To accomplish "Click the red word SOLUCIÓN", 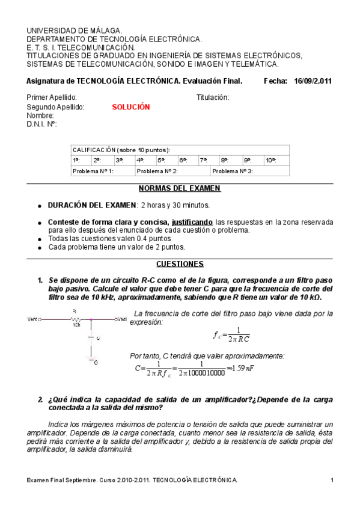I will click(130, 107).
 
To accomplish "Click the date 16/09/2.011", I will click(318, 81).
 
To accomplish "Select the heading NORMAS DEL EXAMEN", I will click(180, 188).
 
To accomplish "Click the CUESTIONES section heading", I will click(180, 263).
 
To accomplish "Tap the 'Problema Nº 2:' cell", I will click(157, 171).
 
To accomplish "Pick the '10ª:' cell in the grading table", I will click(271, 161).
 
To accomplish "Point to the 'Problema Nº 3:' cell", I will click(233, 171).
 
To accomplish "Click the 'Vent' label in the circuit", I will click(33, 319).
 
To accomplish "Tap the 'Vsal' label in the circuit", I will click(122, 319).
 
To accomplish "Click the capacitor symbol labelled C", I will click(91, 338).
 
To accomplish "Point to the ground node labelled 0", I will click(92, 361).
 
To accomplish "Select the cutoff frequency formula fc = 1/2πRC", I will click(231, 334).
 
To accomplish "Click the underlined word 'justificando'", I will click(192, 221).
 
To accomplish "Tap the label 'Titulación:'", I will click(213, 97).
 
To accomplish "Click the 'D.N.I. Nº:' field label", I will click(41, 124).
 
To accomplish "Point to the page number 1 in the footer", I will click(332, 479).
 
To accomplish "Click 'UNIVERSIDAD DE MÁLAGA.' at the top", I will click(75, 30).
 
